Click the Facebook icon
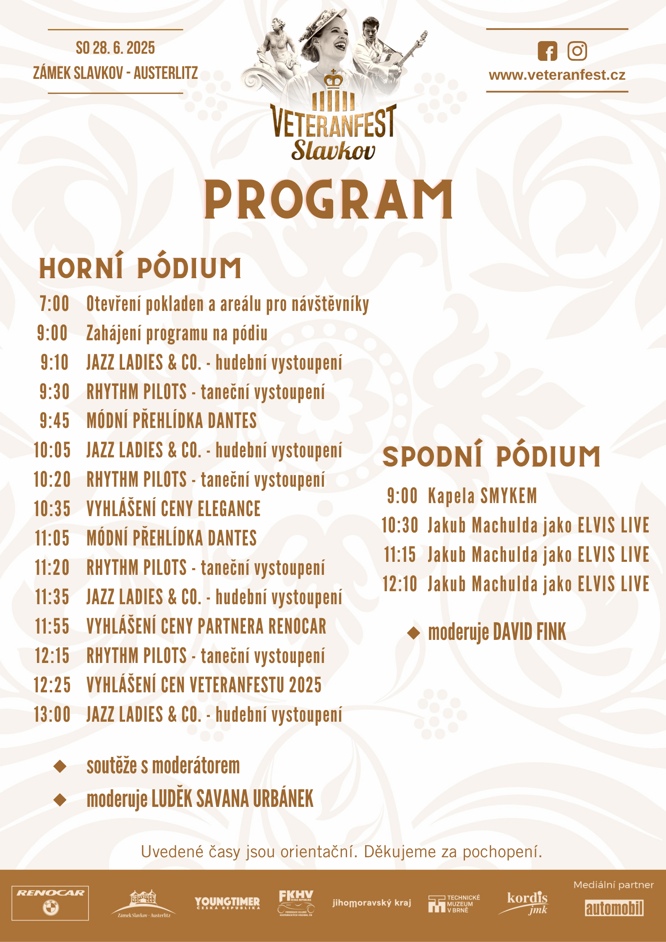(547, 51)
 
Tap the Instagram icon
(577, 51)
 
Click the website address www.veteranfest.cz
(557, 75)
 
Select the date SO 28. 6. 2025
(115, 48)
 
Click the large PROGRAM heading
(328, 200)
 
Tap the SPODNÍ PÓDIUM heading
(491, 456)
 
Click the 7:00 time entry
(55, 304)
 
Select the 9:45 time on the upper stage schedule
(55, 421)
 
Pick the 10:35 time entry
(52, 509)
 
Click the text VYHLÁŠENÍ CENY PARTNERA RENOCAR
(206, 626)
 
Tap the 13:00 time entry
(52, 715)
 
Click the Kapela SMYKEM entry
(482, 496)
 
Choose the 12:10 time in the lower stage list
(400, 584)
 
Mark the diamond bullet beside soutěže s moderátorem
(60, 766)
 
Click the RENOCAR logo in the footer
(50, 903)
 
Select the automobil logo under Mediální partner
(614, 908)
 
